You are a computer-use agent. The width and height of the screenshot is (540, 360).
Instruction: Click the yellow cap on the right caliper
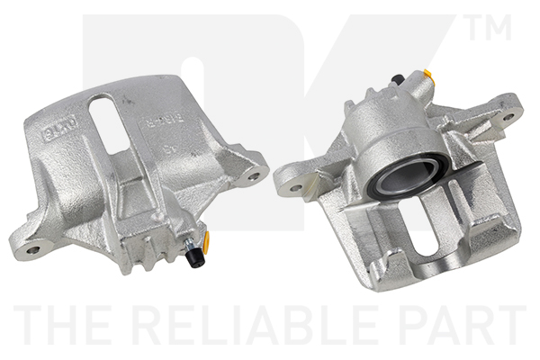[428, 76]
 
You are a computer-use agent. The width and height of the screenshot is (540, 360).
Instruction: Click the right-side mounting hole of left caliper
[254, 175]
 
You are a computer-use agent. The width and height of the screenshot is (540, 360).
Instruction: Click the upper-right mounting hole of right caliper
[508, 116]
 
